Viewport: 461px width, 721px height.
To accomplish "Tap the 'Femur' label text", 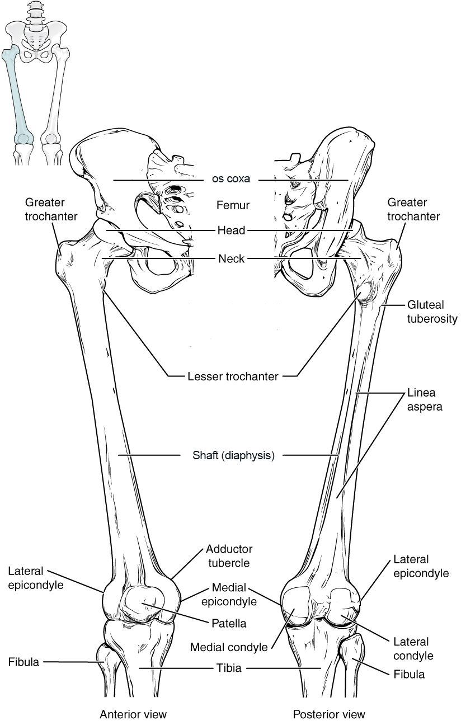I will (x=233, y=206).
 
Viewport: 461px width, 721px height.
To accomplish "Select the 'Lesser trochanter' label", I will (x=233, y=376).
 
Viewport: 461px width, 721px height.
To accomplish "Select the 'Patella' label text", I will (x=228, y=622).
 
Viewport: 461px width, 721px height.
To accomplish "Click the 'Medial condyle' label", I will (x=228, y=647).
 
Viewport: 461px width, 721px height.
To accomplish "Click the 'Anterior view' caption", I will (x=133, y=714).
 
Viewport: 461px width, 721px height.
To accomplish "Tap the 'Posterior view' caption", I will (x=329, y=714).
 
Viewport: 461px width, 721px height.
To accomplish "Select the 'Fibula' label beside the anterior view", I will (x=23, y=662).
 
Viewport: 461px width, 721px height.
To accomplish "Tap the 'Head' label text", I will (x=230, y=230).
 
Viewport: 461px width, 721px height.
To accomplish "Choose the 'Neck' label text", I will (x=230, y=258).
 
